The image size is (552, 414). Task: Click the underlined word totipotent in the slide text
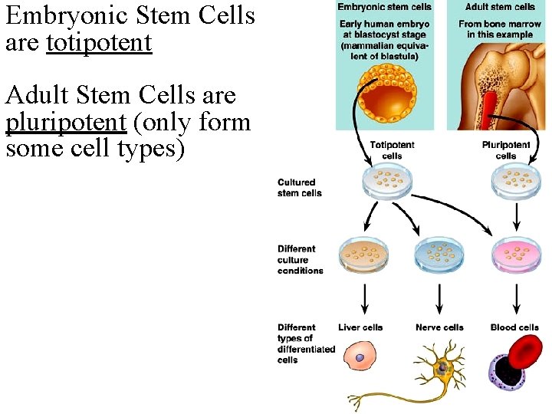(99, 43)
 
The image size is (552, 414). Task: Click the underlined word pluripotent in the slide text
(65, 123)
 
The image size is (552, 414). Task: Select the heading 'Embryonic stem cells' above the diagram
(385, 7)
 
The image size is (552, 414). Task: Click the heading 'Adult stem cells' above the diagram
(500, 7)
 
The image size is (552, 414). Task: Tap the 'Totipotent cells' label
(392, 150)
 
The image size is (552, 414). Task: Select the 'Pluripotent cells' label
(506, 150)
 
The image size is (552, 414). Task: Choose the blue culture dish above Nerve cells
(439, 255)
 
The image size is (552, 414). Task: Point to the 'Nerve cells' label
(439, 327)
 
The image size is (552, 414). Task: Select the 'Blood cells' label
(514, 327)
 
